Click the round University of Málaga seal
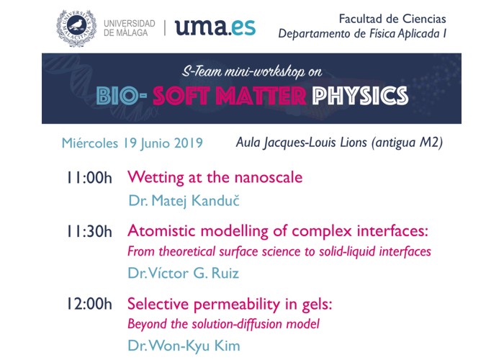pos(76,28)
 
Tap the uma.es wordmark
pos(215,27)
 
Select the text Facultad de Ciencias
pos(392,19)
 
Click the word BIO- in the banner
pos(122,96)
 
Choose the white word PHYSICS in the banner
pos(360,96)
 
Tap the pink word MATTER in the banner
pos(261,96)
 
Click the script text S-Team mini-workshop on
pos(252,71)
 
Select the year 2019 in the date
pos(189,143)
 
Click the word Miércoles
pos(90,143)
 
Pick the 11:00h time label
pos(89,178)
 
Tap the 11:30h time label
pos(89,231)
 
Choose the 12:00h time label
pos(89,304)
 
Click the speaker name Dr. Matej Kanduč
pos(184,201)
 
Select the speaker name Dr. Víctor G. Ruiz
pos(184,273)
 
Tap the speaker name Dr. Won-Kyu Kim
pos(184,346)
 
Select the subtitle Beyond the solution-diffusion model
pos(224,324)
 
